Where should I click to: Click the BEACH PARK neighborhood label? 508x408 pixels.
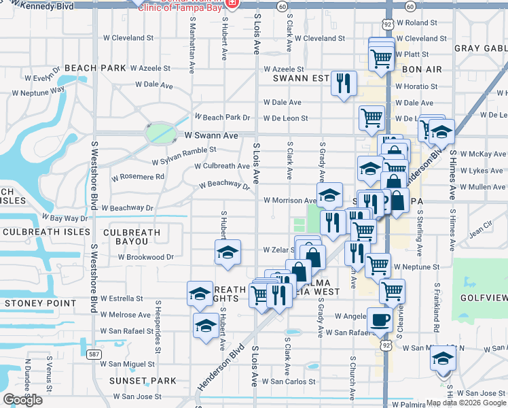[x=95, y=68]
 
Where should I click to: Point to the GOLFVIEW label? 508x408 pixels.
[x=483, y=297]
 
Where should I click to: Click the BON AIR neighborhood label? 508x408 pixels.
[x=422, y=69]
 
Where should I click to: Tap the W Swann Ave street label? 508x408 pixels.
[x=211, y=136]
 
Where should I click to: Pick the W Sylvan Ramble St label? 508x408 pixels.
[x=184, y=156]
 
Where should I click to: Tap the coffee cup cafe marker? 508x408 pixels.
[x=379, y=319]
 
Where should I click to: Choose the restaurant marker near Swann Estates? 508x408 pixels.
[x=344, y=84]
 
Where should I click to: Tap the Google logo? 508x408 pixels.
[x=22, y=400]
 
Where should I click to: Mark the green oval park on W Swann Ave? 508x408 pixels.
[x=159, y=132]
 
